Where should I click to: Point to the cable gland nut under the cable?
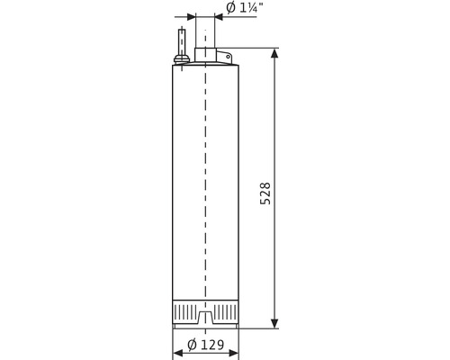[181, 61]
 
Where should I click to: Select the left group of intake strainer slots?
[184, 310]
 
